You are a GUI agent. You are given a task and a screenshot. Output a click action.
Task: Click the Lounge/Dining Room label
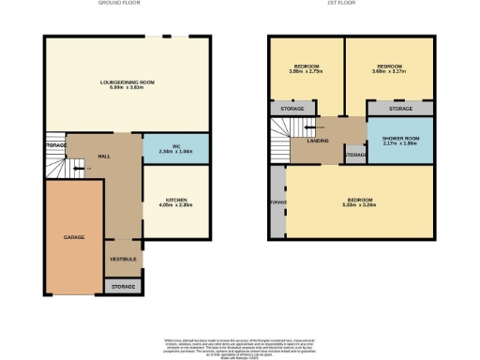(127, 85)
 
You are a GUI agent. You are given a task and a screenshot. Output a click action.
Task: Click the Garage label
(74, 238)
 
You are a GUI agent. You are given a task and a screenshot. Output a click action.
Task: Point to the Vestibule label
(124, 258)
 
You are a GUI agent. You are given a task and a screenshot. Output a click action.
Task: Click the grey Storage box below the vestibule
(124, 286)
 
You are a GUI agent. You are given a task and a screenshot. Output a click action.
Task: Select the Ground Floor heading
(118, 4)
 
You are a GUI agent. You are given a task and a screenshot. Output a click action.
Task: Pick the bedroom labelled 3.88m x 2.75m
(307, 68)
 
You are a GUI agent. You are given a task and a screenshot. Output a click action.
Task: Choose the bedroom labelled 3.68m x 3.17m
(387, 68)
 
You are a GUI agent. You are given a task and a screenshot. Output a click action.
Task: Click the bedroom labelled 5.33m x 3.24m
(360, 203)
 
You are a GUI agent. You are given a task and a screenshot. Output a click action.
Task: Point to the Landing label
(318, 142)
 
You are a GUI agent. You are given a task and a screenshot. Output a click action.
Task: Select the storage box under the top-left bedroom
(288, 109)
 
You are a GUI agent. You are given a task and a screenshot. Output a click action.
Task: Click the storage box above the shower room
(400, 109)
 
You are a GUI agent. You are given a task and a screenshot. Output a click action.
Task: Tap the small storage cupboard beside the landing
(354, 154)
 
